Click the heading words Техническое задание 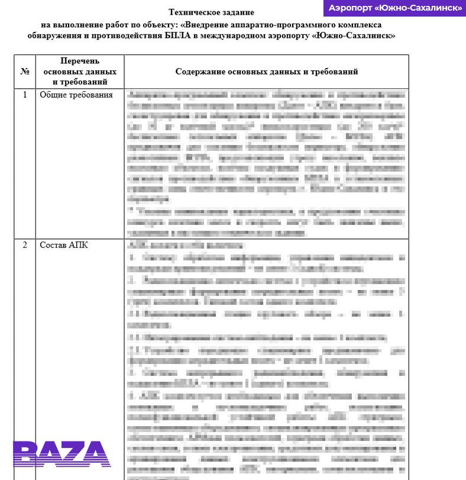pyautogui.click(x=211, y=12)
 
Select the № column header pyautogui.click(x=25, y=72)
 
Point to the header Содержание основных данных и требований pyautogui.click(x=267, y=72)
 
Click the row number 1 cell pyautogui.click(x=25, y=95)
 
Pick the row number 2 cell pyautogui.click(x=25, y=245)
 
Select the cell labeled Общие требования pyautogui.click(x=76, y=95)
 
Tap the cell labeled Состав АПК pyautogui.click(x=63, y=245)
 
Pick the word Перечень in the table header pyautogui.click(x=79, y=61)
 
